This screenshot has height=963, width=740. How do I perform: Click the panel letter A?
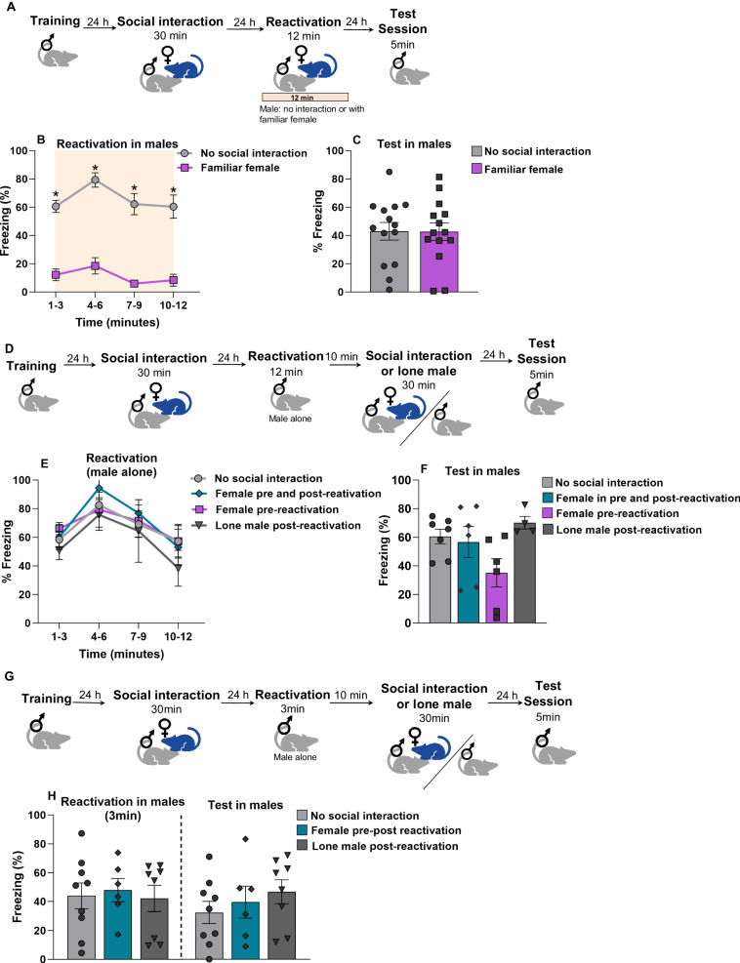click(x=10, y=7)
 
